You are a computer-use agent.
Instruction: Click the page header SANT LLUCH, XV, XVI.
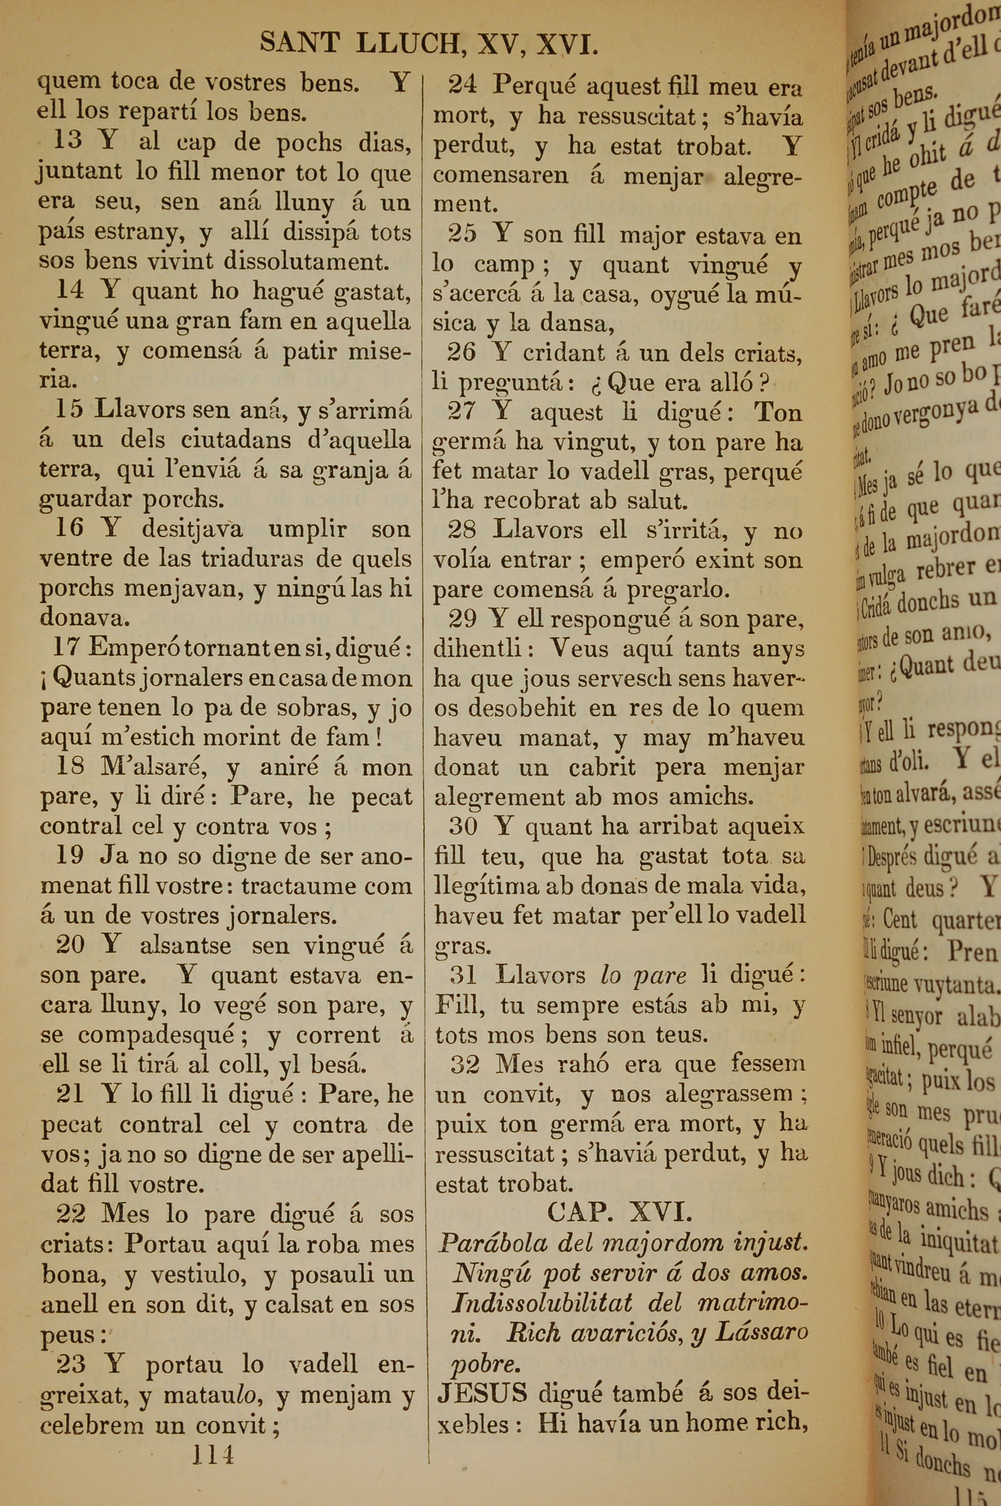coord(428,44)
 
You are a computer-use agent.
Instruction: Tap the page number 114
coord(213,1455)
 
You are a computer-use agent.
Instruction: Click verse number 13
coord(68,140)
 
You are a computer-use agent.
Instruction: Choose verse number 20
coord(70,945)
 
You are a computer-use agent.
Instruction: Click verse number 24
coord(462,85)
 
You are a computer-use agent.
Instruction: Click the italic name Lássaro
coord(761,1332)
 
